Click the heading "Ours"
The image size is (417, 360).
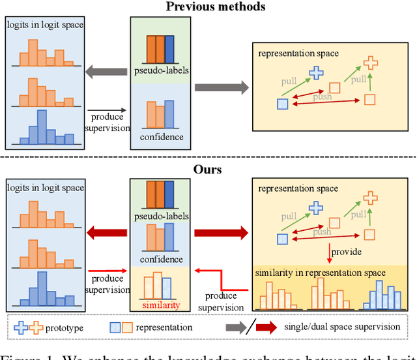[x=208, y=169]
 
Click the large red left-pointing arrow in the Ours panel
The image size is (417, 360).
[x=108, y=230]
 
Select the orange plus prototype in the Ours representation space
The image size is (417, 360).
[x=370, y=197]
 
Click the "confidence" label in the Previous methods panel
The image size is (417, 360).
[x=160, y=137]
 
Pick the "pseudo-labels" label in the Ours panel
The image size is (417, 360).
[x=160, y=216]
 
